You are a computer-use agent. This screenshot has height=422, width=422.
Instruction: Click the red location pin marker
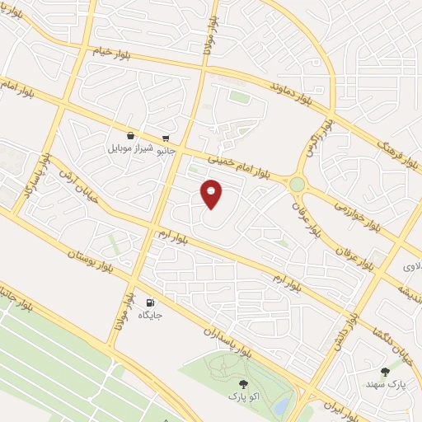[212, 193]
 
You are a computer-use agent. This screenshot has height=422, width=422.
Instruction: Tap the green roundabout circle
[297, 185]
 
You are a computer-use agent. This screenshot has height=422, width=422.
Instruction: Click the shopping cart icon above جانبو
[166, 137]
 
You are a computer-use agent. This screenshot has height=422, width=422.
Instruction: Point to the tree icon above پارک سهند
[385, 372]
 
